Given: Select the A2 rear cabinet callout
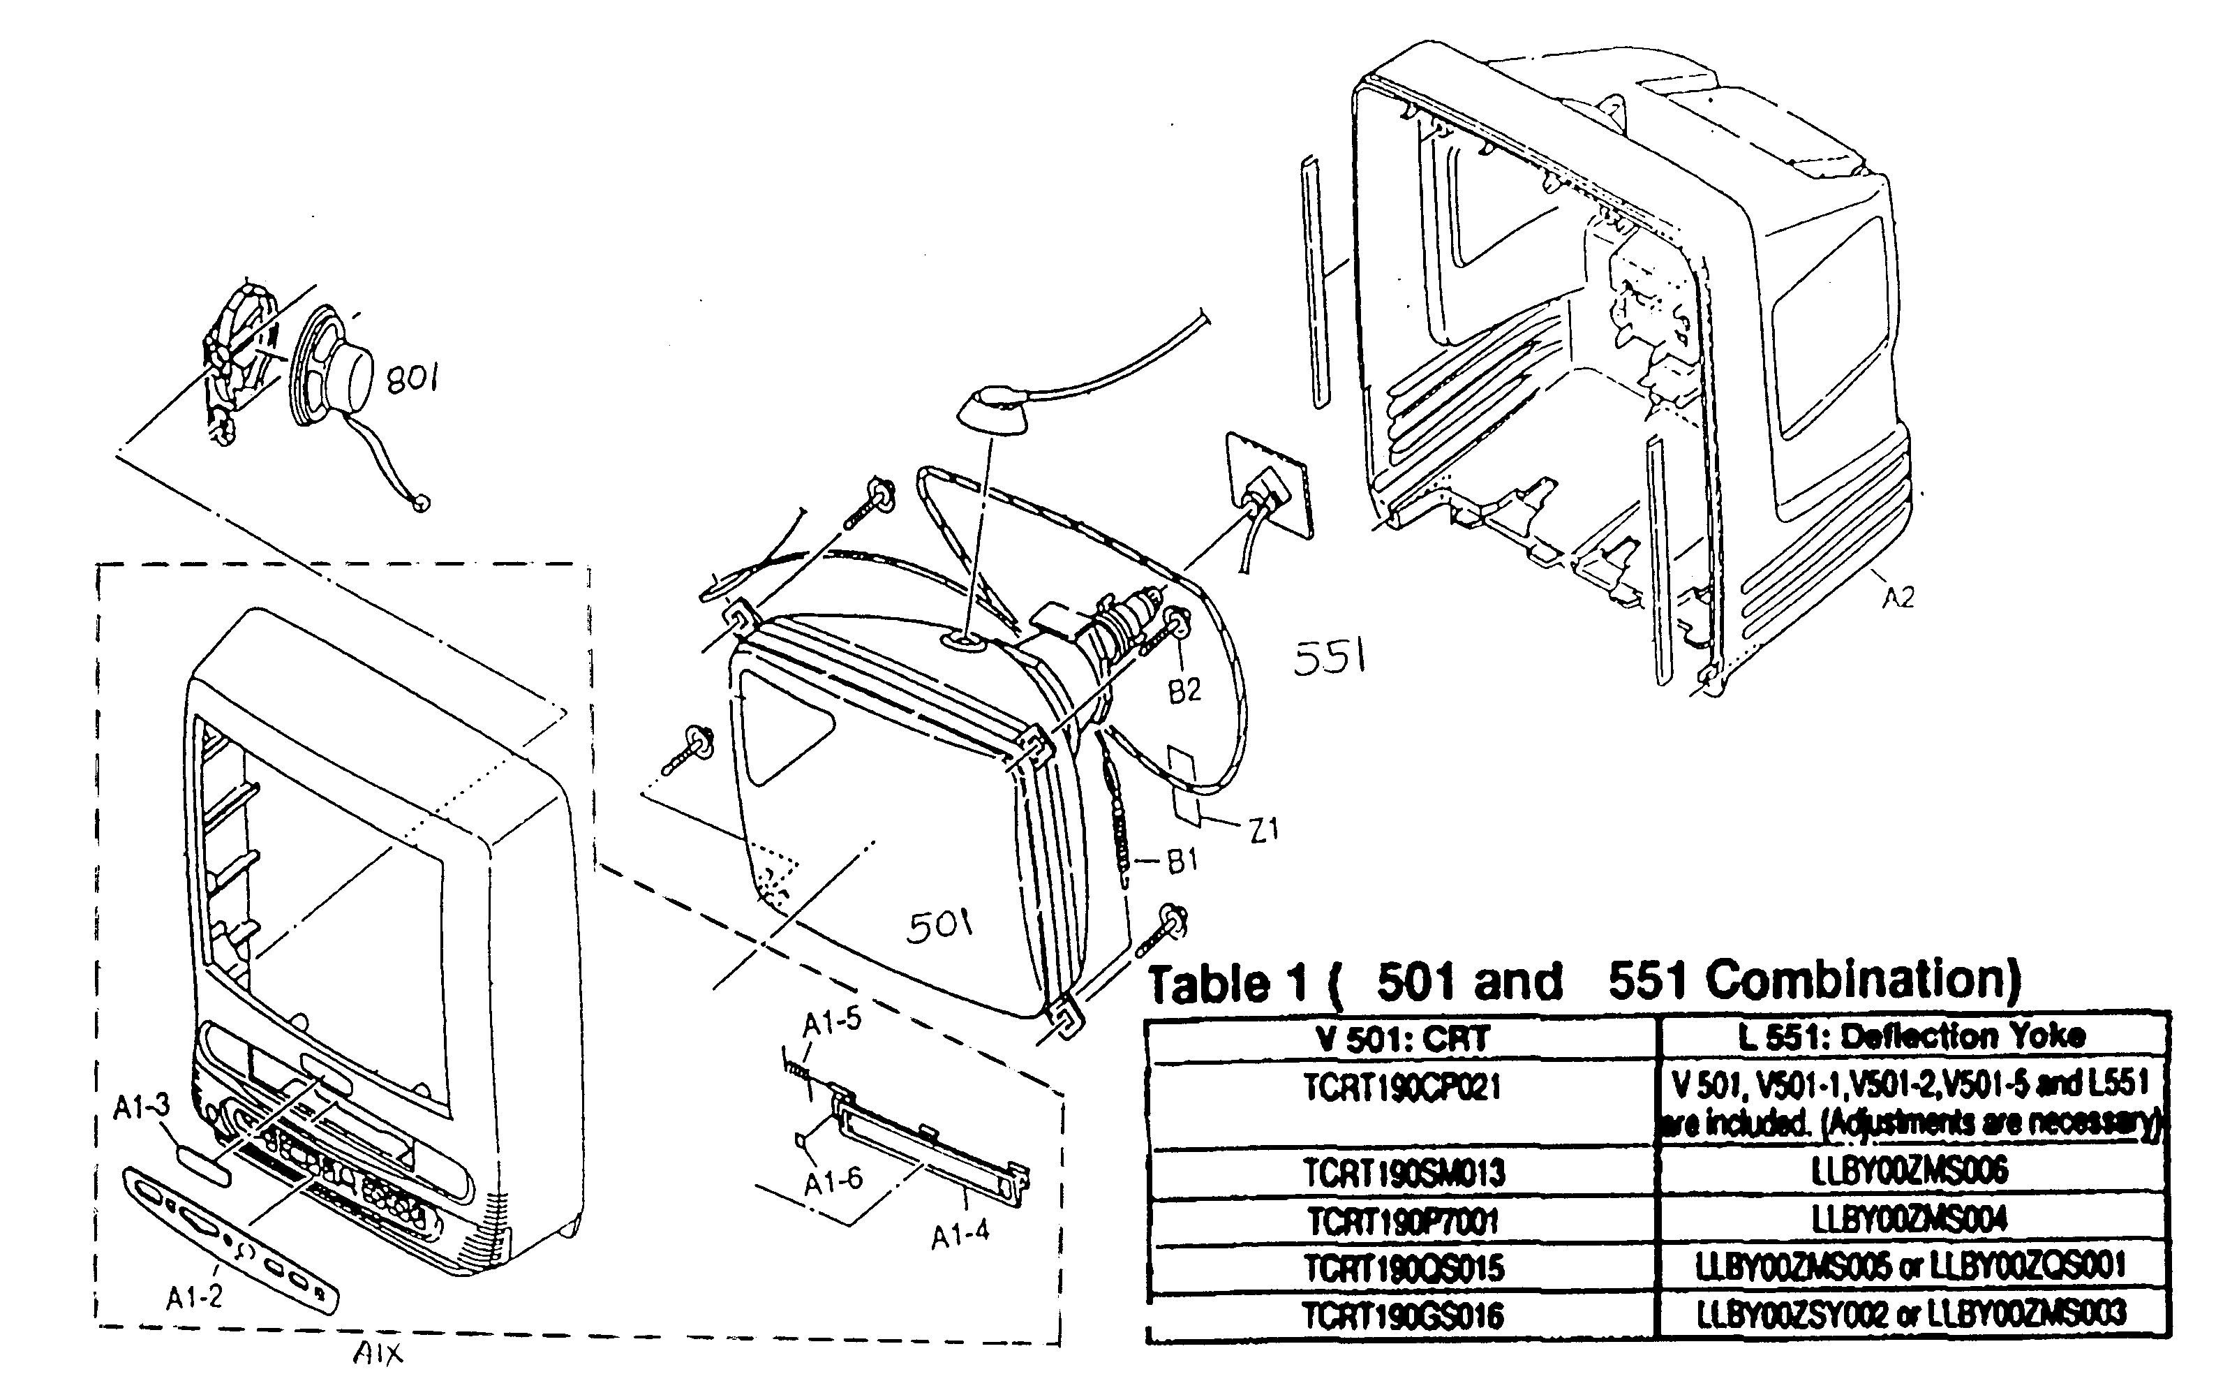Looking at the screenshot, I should coord(1898,598).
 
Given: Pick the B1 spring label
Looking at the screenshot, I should coord(1182,860).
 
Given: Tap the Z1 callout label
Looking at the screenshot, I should coord(1263,831).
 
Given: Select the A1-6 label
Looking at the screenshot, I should coord(833,1181).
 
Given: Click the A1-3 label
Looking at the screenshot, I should coord(141,1107).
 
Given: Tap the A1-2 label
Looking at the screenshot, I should coord(193,1297).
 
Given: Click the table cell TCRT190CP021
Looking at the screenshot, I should coord(1402,1088).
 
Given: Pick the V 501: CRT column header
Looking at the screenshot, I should coord(1402,1038).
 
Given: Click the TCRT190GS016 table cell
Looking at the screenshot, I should coord(1402,1316).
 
